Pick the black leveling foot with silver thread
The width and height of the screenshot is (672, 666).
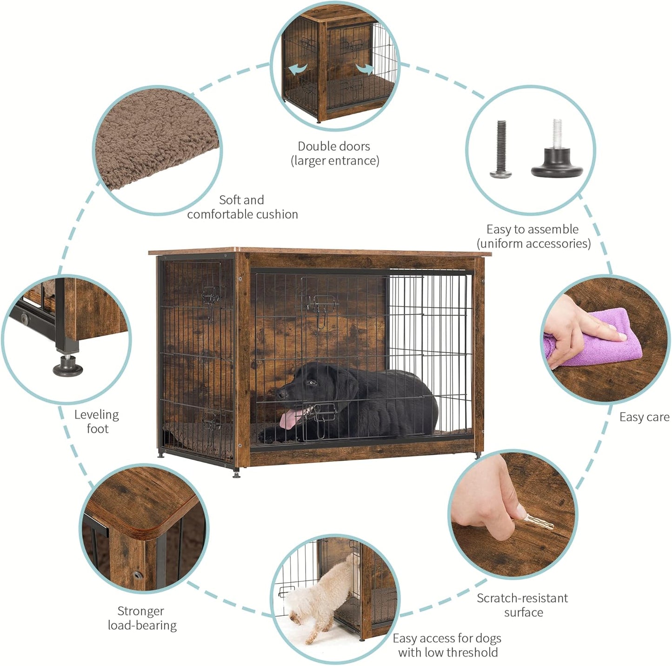point(557,153)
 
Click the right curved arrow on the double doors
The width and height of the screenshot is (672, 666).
point(365,69)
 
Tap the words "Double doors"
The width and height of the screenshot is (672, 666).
point(334,147)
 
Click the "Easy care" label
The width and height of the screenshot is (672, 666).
point(644,417)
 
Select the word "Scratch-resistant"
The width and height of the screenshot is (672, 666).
point(522,598)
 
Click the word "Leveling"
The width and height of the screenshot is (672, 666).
point(97,415)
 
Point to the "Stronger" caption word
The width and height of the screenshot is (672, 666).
point(140,611)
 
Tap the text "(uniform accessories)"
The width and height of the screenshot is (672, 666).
point(533,244)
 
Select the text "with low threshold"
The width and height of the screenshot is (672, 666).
point(448,653)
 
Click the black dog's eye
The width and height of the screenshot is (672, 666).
point(312,382)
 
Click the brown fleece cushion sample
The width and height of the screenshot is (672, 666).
point(153,140)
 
